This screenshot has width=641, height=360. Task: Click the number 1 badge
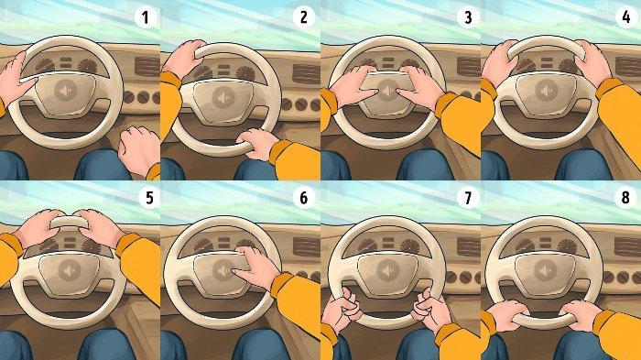point(145,17)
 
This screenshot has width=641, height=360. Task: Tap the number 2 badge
point(303,17)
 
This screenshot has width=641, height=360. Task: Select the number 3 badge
point(468,17)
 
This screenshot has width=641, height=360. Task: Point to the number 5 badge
point(149,198)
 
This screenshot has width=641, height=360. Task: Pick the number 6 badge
point(303,198)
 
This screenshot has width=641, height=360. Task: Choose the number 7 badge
point(468,198)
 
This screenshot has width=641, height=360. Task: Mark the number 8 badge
point(625,198)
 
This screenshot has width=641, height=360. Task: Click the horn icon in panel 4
point(547,91)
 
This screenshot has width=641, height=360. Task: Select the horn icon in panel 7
point(387,271)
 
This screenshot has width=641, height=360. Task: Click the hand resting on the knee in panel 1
point(139,150)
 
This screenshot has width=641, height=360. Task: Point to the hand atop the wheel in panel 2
point(185,59)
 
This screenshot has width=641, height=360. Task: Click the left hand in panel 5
point(38,228)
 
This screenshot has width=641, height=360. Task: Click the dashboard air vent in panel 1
point(147,67)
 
